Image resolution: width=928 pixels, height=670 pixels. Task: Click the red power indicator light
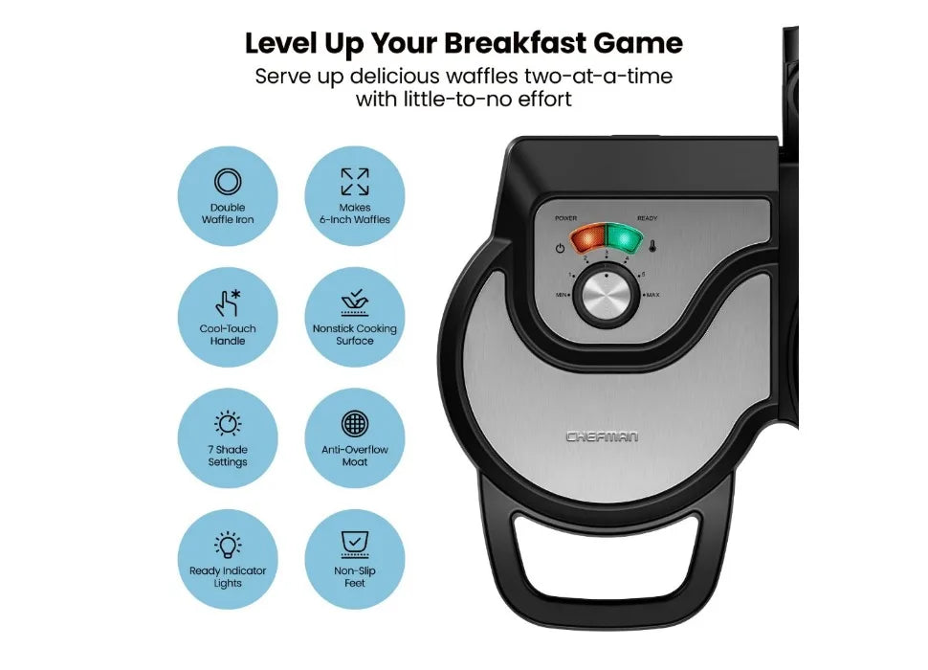tap(587, 239)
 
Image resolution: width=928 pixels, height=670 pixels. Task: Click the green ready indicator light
tap(625, 237)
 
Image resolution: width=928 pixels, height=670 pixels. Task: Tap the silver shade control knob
tap(606, 297)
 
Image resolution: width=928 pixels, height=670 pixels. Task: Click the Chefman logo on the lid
tap(602, 436)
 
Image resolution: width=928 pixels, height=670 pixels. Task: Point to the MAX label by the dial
tap(652, 295)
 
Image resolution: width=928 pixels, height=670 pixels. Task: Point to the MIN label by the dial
tap(561, 295)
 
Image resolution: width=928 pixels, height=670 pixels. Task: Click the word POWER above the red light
tap(565, 218)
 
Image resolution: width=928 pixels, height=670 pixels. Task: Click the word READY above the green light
tap(647, 218)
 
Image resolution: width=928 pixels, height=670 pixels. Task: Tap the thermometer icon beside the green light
tap(652, 246)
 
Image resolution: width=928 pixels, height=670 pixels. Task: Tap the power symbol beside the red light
tap(560, 249)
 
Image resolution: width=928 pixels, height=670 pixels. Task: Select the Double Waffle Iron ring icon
tap(228, 182)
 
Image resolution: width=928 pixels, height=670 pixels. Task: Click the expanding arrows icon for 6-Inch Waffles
tap(355, 182)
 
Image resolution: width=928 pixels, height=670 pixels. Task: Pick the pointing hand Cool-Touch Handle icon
tap(228, 302)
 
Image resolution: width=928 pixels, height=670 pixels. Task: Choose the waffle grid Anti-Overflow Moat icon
tap(355, 424)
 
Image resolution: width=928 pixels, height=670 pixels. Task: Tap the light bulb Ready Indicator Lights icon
tap(228, 545)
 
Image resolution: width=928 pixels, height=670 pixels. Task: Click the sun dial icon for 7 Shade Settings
tap(228, 424)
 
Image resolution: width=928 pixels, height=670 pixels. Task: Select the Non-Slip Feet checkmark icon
tap(355, 545)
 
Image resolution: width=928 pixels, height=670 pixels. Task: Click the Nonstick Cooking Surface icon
tap(355, 302)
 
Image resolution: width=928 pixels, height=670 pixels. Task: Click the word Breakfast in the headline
tap(516, 43)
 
